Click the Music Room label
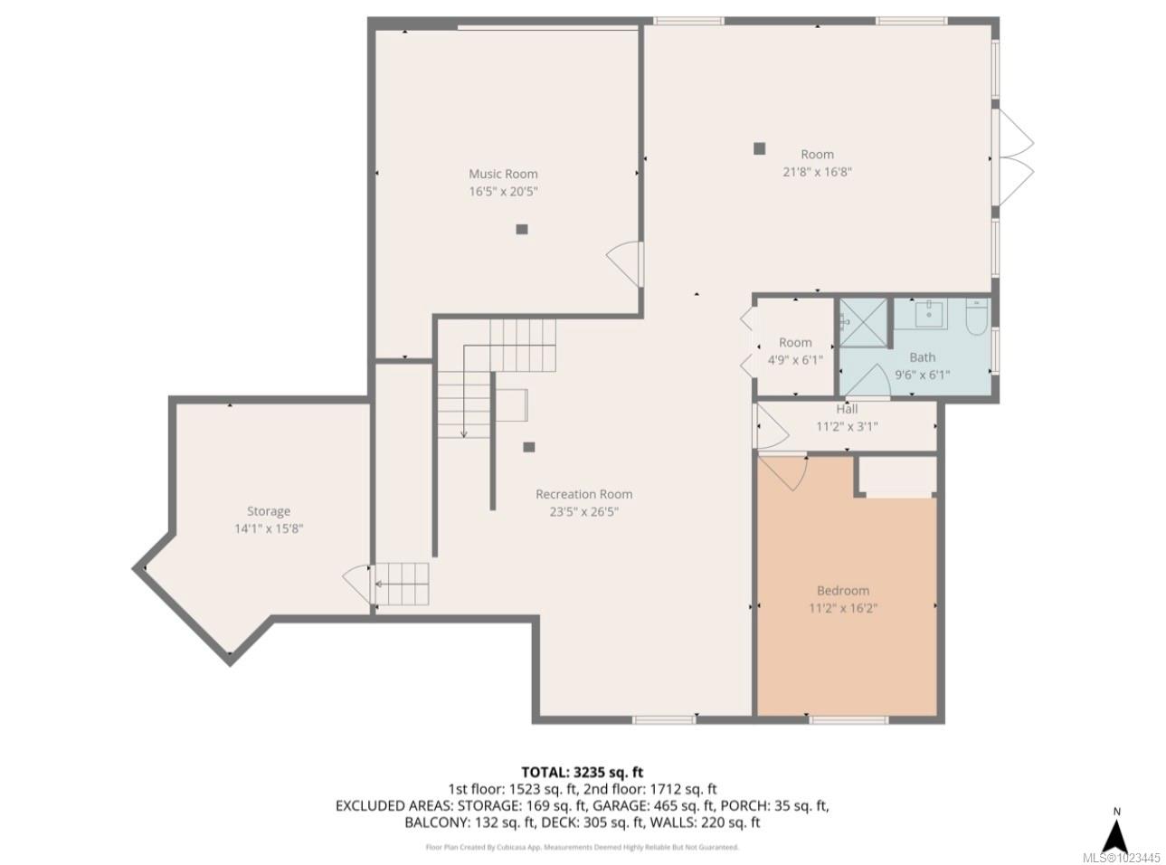(503, 174)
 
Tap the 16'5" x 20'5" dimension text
(503, 191)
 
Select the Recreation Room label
(583, 494)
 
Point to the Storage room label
(269, 511)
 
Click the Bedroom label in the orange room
(843, 591)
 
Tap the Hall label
(847, 410)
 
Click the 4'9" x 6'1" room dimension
(795, 359)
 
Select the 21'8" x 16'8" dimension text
(817, 171)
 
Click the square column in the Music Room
(522, 229)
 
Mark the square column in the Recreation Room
(529, 446)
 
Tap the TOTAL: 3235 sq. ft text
(582, 772)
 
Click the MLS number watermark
(1121, 856)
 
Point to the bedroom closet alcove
(896, 476)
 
